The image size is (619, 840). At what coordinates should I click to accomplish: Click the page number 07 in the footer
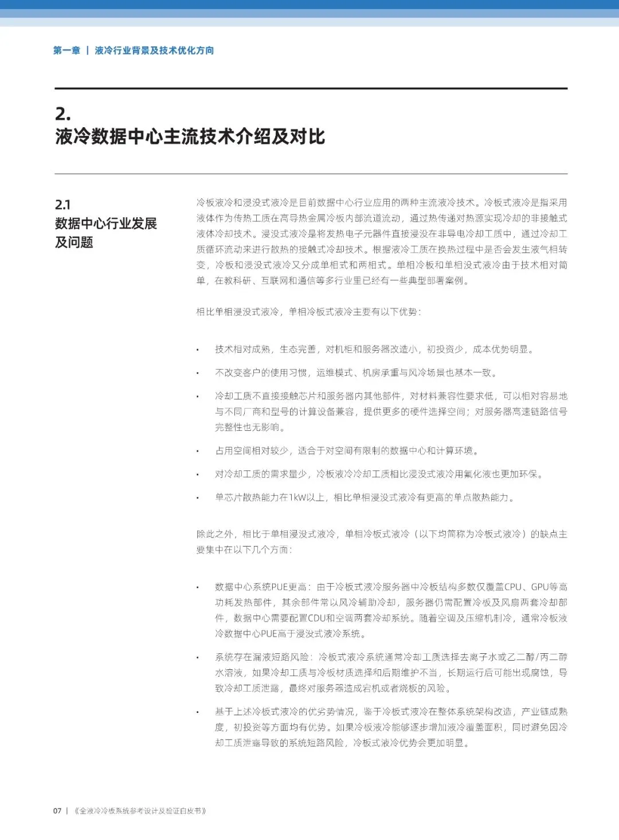(57, 811)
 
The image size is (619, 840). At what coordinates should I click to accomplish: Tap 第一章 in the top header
(66, 50)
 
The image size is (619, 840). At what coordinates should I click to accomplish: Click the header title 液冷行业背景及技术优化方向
(154, 50)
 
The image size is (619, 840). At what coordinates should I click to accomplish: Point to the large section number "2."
(63, 113)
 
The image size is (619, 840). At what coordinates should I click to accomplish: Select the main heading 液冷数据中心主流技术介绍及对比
(190, 136)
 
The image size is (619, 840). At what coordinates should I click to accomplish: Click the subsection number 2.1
(62, 205)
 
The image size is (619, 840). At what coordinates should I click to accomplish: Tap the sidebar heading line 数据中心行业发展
(106, 223)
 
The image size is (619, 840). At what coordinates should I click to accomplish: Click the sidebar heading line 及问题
(74, 242)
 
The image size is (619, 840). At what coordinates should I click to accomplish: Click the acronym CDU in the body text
(317, 618)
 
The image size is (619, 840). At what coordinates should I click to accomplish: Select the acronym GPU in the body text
(540, 587)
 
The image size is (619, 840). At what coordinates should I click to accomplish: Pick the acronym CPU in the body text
(513, 587)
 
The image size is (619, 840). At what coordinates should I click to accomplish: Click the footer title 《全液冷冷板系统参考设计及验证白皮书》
(140, 811)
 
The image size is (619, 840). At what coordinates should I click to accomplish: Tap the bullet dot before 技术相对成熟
(198, 350)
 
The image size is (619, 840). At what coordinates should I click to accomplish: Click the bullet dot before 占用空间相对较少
(198, 451)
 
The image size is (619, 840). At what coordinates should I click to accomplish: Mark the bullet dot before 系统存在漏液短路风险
(198, 657)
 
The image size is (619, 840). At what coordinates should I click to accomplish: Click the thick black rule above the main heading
(311, 88)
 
